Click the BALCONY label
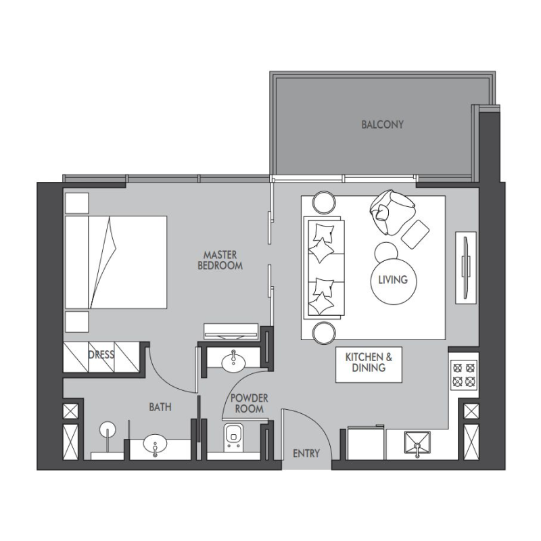(382, 124)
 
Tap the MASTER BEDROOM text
(220, 260)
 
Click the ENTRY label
(306, 453)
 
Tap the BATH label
(160, 407)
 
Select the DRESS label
(101, 354)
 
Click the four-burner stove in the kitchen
(464, 374)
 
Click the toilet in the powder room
(235, 438)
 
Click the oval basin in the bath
(156, 446)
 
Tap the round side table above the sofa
(323, 202)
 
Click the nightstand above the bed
(76, 202)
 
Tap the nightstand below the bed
(76, 321)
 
